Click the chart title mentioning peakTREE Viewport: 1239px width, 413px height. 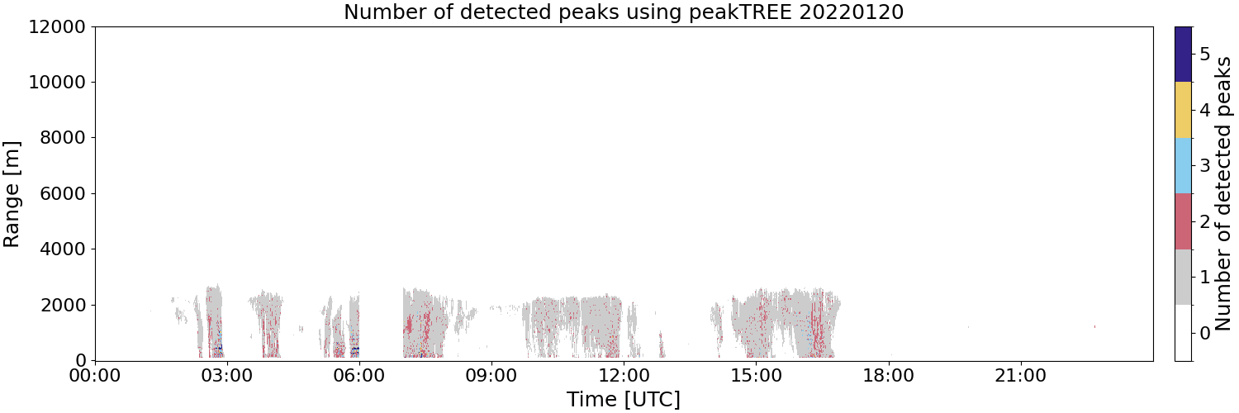pyautogui.click(x=624, y=12)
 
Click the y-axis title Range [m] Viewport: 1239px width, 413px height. pyautogui.click(x=11, y=194)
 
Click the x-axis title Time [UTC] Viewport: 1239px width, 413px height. pyautogui.click(x=624, y=399)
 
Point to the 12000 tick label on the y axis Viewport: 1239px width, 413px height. pyautogui.click(x=58, y=26)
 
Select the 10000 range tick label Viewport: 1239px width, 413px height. pyautogui.click(x=58, y=83)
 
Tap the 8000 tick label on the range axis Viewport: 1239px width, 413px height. pyautogui.click(x=63, y=138)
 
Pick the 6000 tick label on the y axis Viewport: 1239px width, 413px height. pyautogui.click(x=63, y=193)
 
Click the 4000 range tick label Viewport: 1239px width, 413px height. pyautogui.click(x=63, y=249)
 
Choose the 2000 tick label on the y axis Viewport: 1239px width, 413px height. pyautogui.click(x=63, y=305)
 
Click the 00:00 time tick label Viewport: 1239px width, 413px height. pyautogui.click(x=95, y=376)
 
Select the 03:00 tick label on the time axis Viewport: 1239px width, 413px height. pyautogui.click(x=227, y=376)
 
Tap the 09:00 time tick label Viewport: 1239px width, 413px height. pyautogui.click(x=491, y=376)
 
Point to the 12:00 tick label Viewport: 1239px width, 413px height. pyautogui.click(x=624, y=376)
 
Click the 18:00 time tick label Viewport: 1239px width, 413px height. pyautogui.click(x=889, y=376)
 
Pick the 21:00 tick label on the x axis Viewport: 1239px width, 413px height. pyautogui.click(x=1021, y=376)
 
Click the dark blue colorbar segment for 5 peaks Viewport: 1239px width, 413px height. pyautogui.click(x=1183, y=55)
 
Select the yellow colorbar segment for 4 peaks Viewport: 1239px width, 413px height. pyautogui.click(x=1183, y=110)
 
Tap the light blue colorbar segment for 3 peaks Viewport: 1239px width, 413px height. pyautogui.click(x=1183, y=166)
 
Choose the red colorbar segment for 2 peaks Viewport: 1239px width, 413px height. pyautogui.click(x=1183, y=221)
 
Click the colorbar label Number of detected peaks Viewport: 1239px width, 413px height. pyautogui.click(x=1223, y=193)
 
